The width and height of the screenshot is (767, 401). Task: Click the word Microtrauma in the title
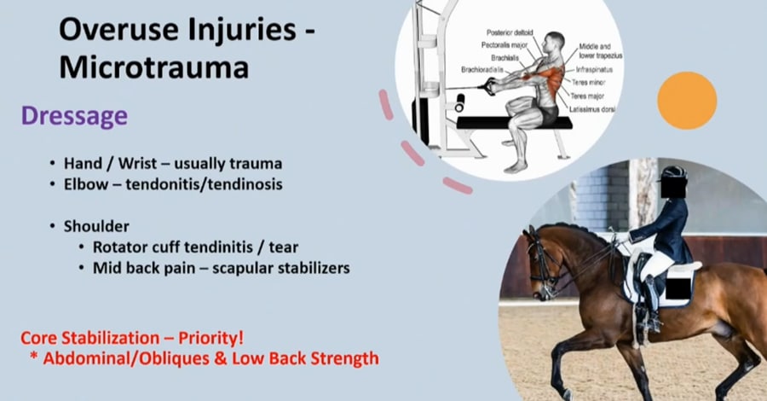point(154,67)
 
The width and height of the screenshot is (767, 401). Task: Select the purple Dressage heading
point(74,117)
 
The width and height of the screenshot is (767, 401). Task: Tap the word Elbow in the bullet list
point(86,184)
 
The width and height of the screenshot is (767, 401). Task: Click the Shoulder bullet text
point(96,226)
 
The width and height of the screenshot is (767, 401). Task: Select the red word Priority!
point(210,338)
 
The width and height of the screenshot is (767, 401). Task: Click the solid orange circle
point(687,101)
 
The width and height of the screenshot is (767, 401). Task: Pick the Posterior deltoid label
point(510,32)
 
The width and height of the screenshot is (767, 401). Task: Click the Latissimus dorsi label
point(592,110)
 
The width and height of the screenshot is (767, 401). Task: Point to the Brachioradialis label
point(482,70)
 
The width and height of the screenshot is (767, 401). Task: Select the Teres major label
point(587,96)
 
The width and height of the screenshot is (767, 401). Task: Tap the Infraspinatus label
point(594,69)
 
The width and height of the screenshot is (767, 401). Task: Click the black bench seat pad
point(514,123)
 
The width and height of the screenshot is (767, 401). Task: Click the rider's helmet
point(674,173)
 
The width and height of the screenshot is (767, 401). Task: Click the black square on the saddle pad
point(678,287)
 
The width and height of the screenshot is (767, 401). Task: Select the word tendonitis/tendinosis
point(204,184)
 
